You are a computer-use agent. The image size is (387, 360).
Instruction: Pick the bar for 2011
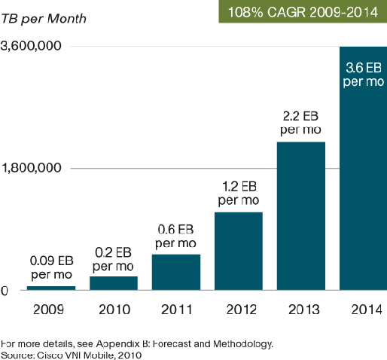(x=176, y=272)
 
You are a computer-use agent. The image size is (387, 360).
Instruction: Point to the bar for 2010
(x=114, y=282)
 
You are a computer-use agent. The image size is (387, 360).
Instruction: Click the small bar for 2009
(x=51, y=288)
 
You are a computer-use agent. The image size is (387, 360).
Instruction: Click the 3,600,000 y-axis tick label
(x=31, y=47)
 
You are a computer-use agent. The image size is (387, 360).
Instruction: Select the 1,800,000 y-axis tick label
(x=31, y=168)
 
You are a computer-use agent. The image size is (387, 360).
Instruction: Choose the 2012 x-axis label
(x=239, y=310)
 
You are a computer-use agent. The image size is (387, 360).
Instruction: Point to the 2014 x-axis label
(x=364, y=310)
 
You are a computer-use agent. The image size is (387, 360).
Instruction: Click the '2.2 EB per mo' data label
(x=301, y=124)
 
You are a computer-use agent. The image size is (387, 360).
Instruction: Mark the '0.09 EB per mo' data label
(x=51, y=267)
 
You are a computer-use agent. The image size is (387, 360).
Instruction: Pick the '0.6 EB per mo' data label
(x=176, y=236)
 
